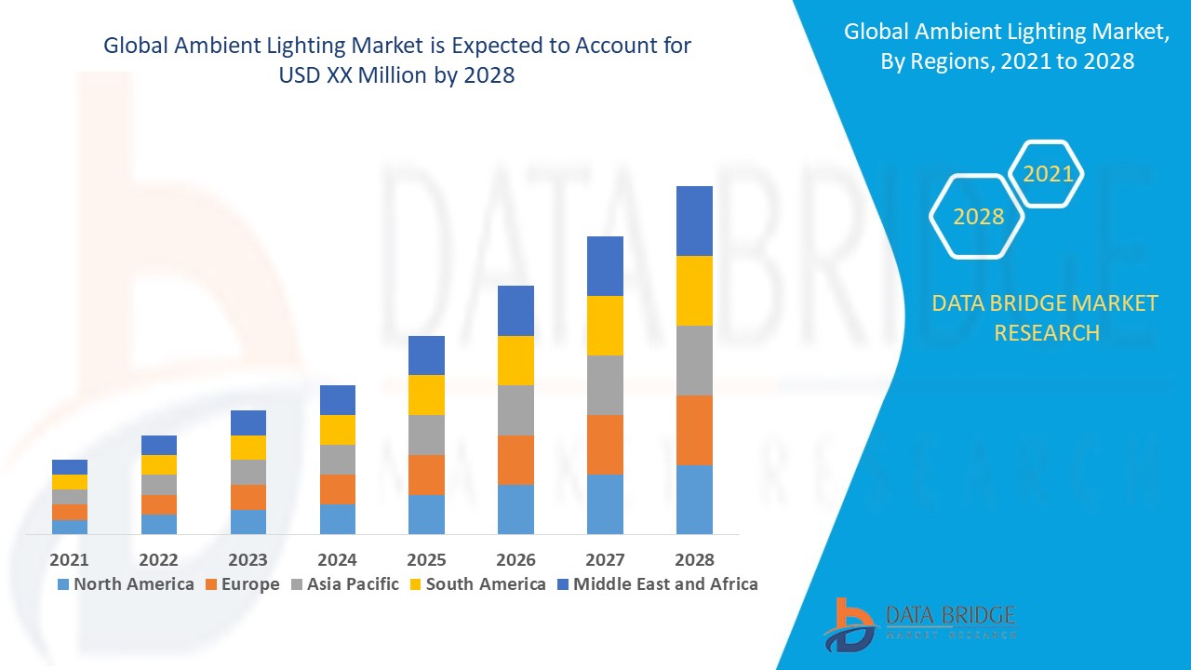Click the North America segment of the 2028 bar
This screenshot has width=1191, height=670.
(694, 499)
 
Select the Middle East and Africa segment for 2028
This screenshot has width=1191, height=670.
(694, 221)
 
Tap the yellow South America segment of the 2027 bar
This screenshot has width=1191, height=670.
(605, 326)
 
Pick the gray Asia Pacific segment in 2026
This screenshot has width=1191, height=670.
(515, 410)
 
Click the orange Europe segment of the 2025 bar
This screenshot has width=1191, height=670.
(426, 475)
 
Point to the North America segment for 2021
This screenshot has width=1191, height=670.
(70, 527)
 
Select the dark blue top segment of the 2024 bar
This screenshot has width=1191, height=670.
(338, 400)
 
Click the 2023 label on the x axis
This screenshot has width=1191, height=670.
(248, 559)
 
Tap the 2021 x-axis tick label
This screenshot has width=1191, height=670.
(70, 559)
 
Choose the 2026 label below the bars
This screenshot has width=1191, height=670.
(515, 559)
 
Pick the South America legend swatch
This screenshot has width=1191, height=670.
(415, 584)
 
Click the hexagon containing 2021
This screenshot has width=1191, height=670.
(1047, 174)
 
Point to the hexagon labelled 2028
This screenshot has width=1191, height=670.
(978, 216)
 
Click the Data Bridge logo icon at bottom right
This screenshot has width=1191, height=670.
(848, 623)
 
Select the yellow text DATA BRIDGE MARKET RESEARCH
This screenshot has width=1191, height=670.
(1045, 317)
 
